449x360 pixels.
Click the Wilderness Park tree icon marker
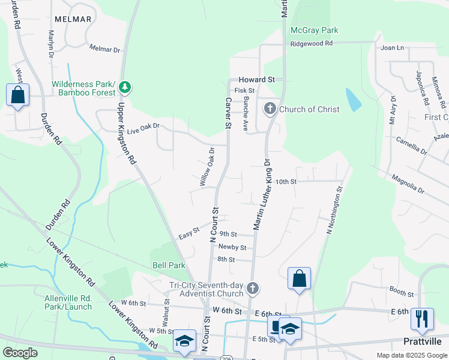coord(125,88)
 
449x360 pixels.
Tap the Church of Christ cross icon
coord(270,109)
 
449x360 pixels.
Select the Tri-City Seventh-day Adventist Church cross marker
coord(253,289)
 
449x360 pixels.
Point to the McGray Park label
coord(314,30)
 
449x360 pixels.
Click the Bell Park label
coord(169,265)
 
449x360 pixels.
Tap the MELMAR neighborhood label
coord(73,19)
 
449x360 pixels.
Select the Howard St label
coord(256,79)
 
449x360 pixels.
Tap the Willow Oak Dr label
coord(206,166)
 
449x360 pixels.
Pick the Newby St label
coord(232,247)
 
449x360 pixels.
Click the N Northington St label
coord(334,209)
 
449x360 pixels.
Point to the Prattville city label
coord(423,341)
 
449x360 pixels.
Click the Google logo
coord(20,353)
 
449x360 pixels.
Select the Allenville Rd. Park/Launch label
coord(68,302)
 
